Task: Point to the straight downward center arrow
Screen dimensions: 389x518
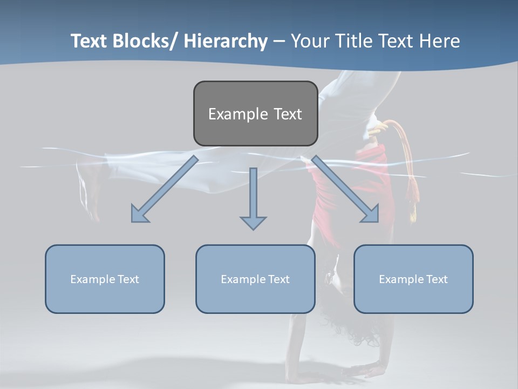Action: [x=253, y=194]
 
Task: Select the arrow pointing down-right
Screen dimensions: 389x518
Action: [x=345, y=189]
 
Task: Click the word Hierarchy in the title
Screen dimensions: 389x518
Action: [x=226, y=41]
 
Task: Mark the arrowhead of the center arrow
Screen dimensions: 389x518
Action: [x=253, y=222]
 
